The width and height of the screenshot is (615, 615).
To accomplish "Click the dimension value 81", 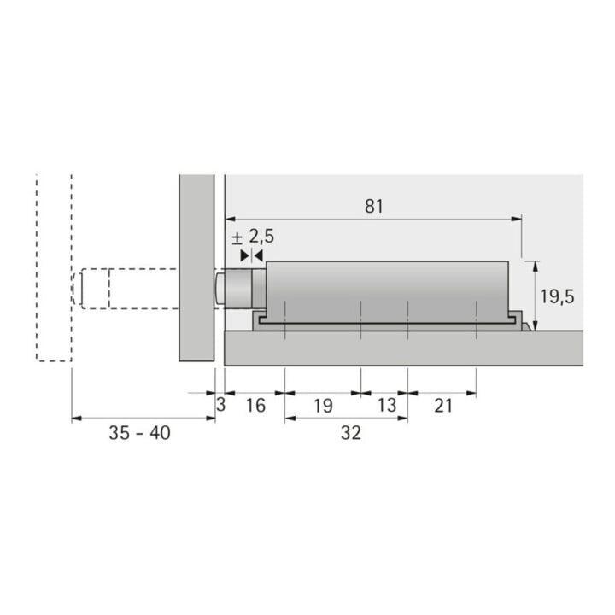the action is [x=373, y=207].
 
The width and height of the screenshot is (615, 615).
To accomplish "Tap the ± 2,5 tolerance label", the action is [x=254, y=237].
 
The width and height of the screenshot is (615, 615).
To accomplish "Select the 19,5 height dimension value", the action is [x=557, y=296].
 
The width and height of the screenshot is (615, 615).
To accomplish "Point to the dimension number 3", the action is [x=221, y=405].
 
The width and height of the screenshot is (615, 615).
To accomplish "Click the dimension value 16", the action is [x=255, y=405].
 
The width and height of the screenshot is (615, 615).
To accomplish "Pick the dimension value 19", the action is [x=323, y=406].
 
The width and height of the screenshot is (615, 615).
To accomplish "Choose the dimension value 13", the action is [x=387, y=405].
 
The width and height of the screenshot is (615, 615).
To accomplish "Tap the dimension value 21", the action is [x=443, y=406].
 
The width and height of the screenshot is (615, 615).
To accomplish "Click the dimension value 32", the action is [x=351, y=433].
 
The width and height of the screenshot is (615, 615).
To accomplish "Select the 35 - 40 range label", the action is [x=139, y=433].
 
